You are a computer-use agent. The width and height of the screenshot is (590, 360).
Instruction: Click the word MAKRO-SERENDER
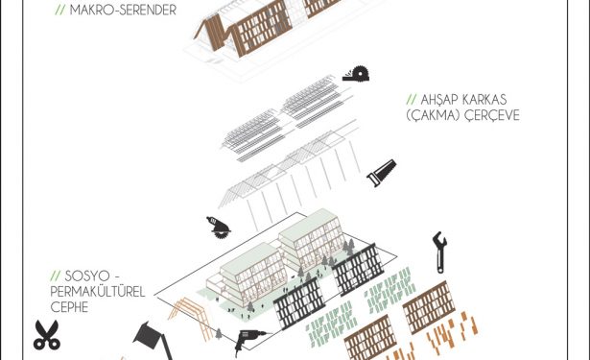tap(123, 10)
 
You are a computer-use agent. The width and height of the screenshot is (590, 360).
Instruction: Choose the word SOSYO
tap(87, 276)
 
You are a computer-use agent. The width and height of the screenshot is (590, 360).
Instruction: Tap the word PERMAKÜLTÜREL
tap(98, 292)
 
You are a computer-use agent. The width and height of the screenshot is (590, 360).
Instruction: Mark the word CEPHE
tap(69, 307)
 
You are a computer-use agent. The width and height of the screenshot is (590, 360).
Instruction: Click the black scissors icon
tap(47, 335)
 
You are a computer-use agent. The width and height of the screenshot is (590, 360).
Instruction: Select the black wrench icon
tap(440, 252)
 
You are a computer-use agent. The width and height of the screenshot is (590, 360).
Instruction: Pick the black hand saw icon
tap(382, 173)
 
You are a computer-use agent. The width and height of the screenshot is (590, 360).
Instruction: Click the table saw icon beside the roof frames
tap(356, 73)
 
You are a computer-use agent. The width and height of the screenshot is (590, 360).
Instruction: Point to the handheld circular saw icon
tap(219, 228)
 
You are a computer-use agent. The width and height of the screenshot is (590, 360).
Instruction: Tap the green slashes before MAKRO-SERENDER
tap(60, 10)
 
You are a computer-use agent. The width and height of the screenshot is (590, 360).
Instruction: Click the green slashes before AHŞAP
tap(412, 100)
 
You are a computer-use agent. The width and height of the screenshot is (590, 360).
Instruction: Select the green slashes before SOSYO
tap(56, 276)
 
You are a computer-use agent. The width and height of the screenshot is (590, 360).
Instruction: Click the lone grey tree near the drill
tap(219, 334)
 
